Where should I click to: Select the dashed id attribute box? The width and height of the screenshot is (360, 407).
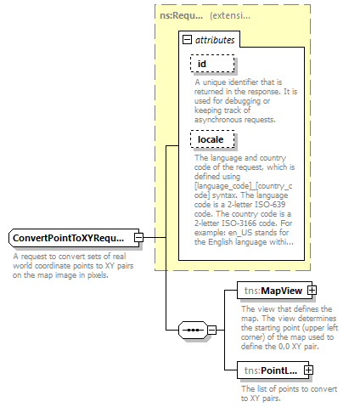211,63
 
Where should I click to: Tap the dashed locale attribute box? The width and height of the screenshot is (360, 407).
211,138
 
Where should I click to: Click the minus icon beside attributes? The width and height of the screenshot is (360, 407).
188,39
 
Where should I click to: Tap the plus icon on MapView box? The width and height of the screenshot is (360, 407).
312,291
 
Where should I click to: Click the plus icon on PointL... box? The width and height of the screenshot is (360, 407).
308,370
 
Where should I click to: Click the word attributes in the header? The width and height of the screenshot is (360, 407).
216,39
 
